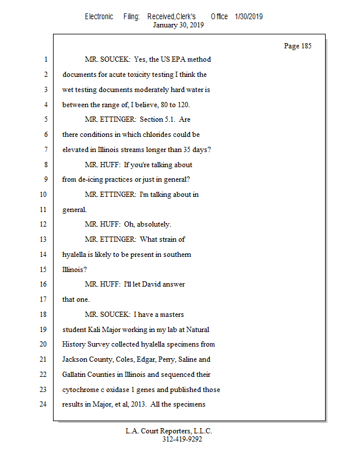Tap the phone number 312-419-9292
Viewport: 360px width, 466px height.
(x=182, y=439)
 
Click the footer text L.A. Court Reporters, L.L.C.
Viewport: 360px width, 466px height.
(x=169, y=431)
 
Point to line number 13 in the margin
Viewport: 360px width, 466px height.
(x=42, y=239)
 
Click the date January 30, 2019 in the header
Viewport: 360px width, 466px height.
(x=178, y=25)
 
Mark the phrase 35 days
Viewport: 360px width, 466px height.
(x=195, y=150)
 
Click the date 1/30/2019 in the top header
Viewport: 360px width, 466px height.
(x=249, y=17)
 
